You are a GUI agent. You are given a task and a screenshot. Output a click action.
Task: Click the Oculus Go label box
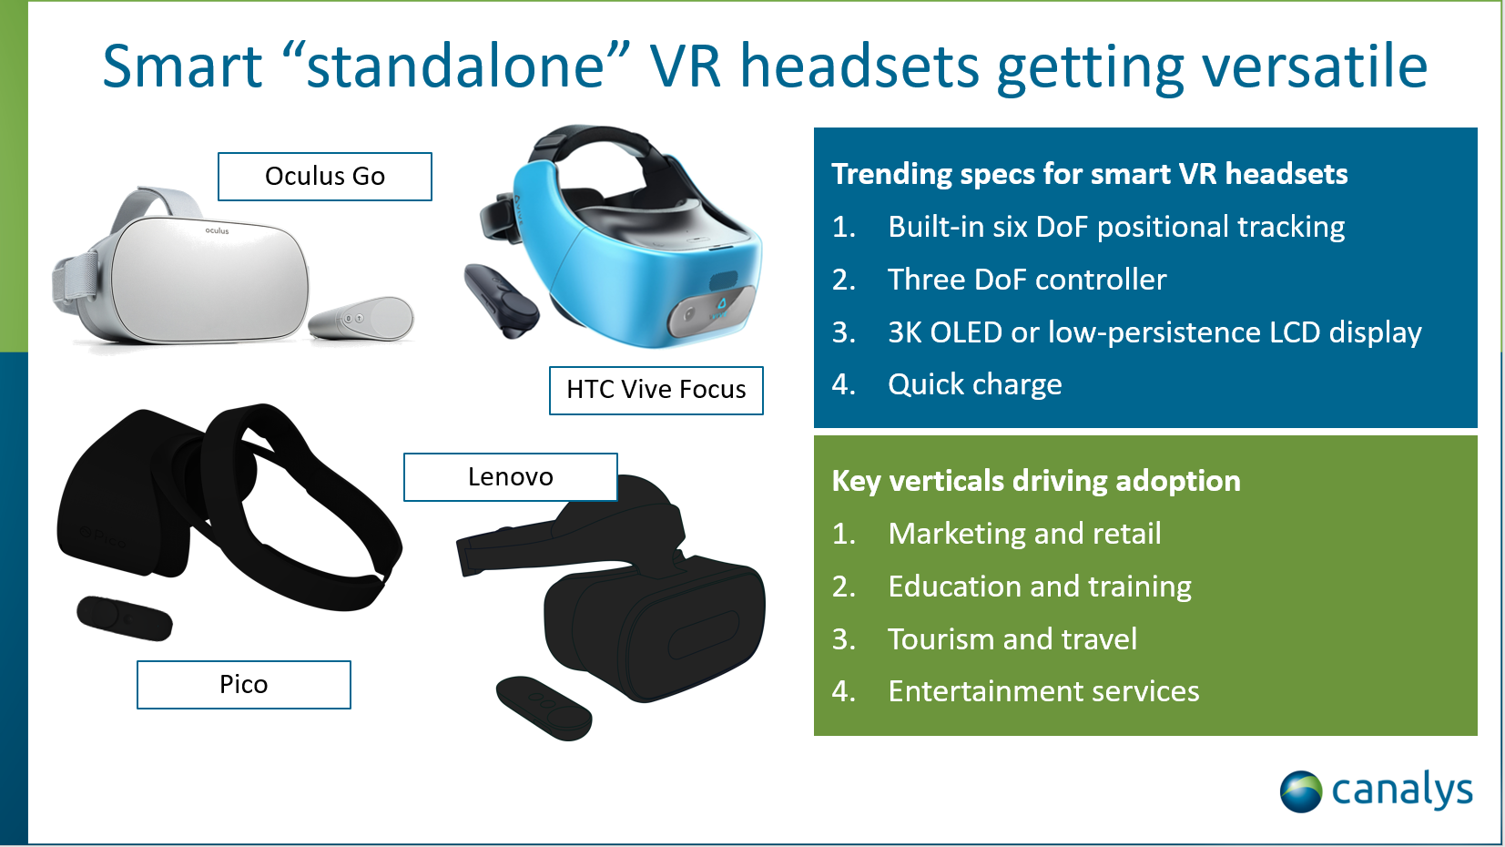pos(324,176)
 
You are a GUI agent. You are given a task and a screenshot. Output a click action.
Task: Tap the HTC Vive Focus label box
pos(656,390)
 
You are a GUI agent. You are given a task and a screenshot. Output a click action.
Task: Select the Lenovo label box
pos(510,476)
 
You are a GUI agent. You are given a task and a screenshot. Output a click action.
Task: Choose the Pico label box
pos(243,684)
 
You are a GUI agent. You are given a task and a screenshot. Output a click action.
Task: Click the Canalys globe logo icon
pos(1301,791)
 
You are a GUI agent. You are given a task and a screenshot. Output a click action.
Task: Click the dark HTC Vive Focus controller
pos(501,301)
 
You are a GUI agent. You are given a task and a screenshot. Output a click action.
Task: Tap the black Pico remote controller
pos(125,617)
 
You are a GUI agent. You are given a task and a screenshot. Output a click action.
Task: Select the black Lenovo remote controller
pos(544,708)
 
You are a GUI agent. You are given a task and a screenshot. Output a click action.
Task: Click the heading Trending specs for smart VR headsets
pos(1089,173)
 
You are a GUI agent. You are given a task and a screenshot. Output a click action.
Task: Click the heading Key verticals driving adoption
pos(1035,481)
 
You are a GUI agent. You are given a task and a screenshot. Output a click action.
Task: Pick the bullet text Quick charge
pos(974,384)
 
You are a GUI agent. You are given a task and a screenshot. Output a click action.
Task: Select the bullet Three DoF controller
pos(1027,279)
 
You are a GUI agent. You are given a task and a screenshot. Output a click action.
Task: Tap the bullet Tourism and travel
pos(1012,638)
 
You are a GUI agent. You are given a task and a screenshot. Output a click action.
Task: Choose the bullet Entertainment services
pos(1042,691)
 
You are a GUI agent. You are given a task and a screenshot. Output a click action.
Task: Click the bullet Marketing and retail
pos(1024,533)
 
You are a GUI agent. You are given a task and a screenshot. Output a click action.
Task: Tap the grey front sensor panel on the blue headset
pos(711,311)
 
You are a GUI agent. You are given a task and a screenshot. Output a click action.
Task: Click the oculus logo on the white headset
pos(217,230)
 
